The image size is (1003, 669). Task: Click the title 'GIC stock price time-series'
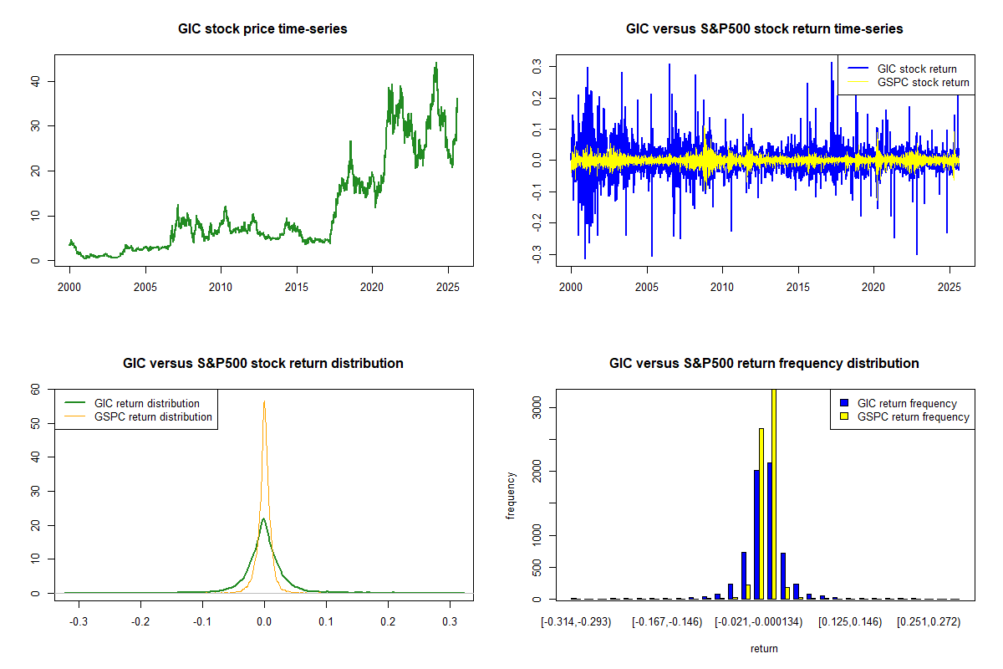pyautogui.click(x=262, y=29)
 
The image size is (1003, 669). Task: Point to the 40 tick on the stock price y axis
pyautogui.click(x=35, y=81)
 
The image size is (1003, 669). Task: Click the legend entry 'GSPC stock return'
pyautogui.click(x=923, y=82)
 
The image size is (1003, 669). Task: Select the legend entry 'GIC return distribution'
pyautogui.click(x=147, y=403)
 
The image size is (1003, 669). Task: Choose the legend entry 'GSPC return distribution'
pyautogui.click(x=153, y=416)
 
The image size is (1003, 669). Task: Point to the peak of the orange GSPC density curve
pyautogui.click(x=264, y=401)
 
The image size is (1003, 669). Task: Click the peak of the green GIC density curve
pyautogui.click(x=263, y=519)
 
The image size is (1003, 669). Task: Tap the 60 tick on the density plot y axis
pyautogui.click(x=35, y=389)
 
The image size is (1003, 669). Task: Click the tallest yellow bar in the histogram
pyautogui.click(x=774, y=493)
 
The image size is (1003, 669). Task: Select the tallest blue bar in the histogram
pyautogui.click(x=769, y=530)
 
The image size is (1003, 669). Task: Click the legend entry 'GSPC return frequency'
pyautogui.click(x=913, y=416)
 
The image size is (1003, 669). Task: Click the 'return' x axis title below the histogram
pyautogui.click(x=764, y=648)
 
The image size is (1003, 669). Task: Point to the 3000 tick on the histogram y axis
pyautogui.click(x=537, y=407)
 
